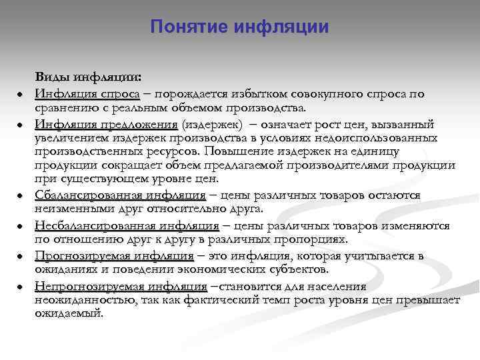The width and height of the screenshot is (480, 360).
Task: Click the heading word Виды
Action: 51,77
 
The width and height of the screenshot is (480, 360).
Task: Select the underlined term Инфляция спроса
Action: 87,94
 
